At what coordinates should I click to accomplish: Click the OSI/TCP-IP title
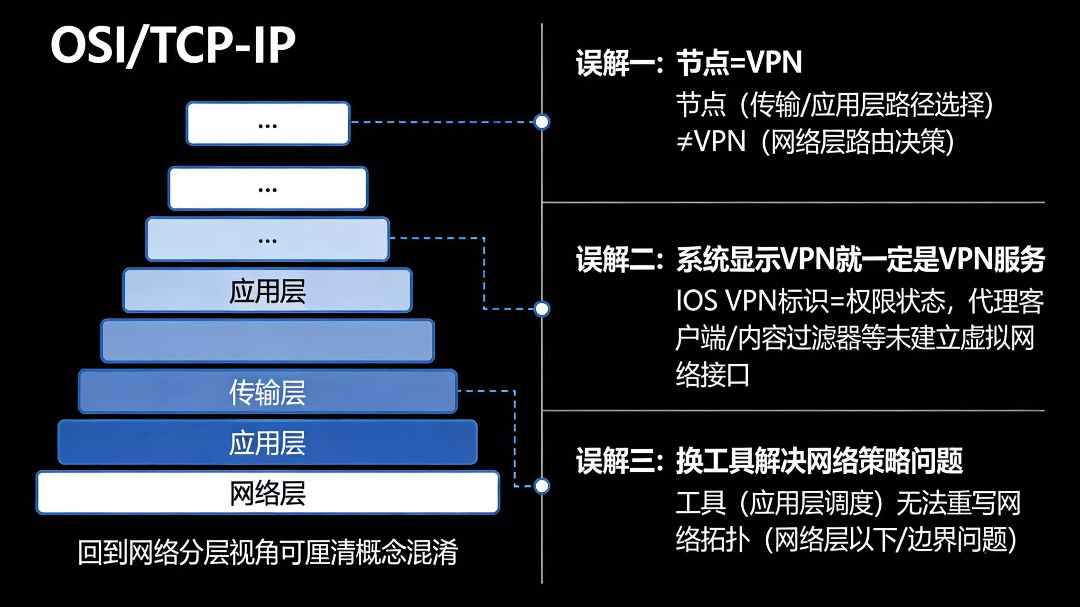tap(173, 45)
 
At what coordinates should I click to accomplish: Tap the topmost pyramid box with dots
tap(268, 123)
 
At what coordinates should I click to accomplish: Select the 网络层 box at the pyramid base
tap(268, 493)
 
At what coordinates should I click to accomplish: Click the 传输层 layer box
tap(268, 392)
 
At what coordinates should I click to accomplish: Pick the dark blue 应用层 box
tap(268, 442)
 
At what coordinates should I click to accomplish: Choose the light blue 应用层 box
tap(268, 291)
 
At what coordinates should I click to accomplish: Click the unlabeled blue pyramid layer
tap(268, 341)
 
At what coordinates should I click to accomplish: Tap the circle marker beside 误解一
tap(541, 122)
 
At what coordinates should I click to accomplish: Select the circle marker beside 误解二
tap(541, 309)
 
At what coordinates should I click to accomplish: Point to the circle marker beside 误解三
tap(541, 486)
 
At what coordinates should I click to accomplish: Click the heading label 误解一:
tap(619, 63)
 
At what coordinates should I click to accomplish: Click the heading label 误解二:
tap(619, 259)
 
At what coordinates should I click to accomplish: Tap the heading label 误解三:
tap(619, 461)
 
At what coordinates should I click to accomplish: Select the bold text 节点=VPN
tap(739, 62)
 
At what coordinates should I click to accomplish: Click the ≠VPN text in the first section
tap(710, 141)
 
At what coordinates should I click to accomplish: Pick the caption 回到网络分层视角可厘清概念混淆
tap(268, 552)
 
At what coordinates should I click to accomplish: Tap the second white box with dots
tap(268, 188)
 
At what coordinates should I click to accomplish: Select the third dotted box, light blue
tap(268, 239)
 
